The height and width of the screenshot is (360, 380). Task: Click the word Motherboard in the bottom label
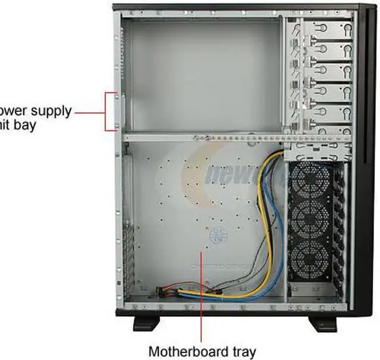tap(185, 351)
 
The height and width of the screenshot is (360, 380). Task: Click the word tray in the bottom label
tap(240, 351)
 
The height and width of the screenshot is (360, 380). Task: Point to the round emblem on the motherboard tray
tap(217, 235)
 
